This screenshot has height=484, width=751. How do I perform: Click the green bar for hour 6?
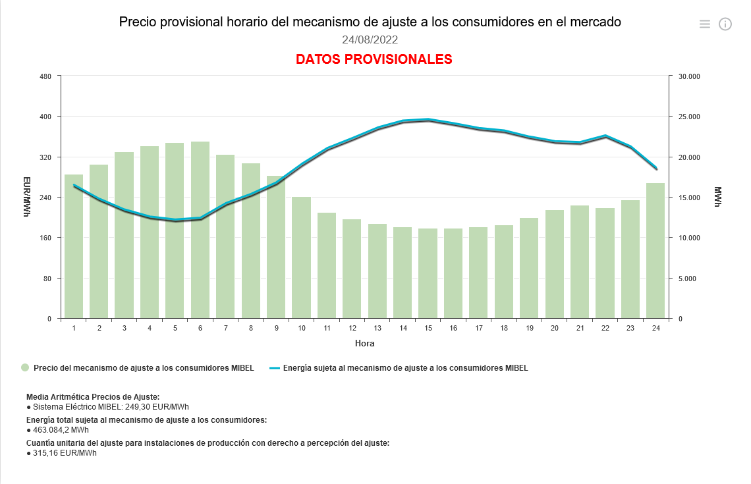(x=200, y=230)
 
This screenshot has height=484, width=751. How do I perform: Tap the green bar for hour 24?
(x=655, y=250)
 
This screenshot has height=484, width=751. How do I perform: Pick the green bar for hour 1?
(x=74, y=247)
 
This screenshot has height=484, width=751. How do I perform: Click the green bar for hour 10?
(x=301, y=257)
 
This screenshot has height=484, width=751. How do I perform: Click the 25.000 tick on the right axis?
(x=688, y=117)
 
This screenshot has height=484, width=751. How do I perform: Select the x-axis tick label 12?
(x=352, y=328)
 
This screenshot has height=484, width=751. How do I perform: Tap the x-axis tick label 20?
(x=554, y=328)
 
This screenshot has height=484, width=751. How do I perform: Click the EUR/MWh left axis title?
(x=27, y=197)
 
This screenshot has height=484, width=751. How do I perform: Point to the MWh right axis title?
(x=718, y=197)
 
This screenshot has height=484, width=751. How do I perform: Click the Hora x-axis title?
(x=364, y=343)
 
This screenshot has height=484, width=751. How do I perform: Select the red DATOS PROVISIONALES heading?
(x=374, y=59)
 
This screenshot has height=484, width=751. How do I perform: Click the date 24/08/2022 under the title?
(x=370, y=40)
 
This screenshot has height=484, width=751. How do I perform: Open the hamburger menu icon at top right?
(x=705, y=24)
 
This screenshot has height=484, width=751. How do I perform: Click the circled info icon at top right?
(x=725, y=24)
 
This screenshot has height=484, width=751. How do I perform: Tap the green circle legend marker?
(x=25, y=368)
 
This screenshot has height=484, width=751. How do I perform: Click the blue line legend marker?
(x=275, y=368)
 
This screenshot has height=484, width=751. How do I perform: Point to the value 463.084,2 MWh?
(x=61, y=430)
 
